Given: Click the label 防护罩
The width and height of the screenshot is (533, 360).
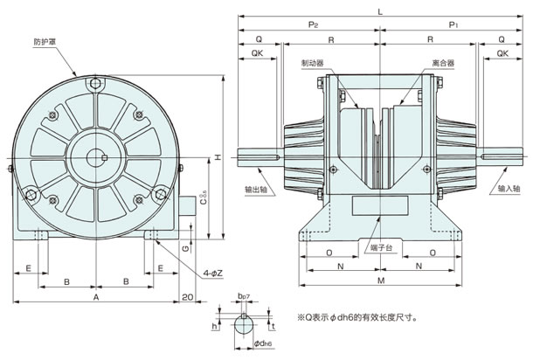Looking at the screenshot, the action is pyautogui.click(x=45, y=42).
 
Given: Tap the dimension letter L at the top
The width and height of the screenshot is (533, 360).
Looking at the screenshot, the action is pyautogui.click(x=380, y=12).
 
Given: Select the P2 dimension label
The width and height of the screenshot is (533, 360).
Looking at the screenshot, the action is pyautogui.click(x=313, y=24).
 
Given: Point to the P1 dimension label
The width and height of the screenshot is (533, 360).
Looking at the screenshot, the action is pyautogui.click(x=453, y=24).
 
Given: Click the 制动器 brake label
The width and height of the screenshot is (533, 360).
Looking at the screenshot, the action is pyautogui.click(x=313, y=63).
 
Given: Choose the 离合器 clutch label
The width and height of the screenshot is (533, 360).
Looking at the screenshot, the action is pyautogui.click(x=443, y=63).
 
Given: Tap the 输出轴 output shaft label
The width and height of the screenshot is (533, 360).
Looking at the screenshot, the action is pyautogui.click(x=256, y=190).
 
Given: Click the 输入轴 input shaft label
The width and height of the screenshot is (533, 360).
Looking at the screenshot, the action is pyautogui.click(x=509, y=189).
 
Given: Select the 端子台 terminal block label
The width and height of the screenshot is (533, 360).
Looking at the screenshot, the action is pyautogui.click(x=381, y=247).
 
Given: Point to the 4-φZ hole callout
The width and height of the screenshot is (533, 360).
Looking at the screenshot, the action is pyautogui.click(x=213, y=273).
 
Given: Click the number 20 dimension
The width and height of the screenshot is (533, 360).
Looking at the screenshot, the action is pyautogui.click(x=187, y=297).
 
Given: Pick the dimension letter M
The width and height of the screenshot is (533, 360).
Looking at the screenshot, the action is pyautogui.click(x=381, y=280).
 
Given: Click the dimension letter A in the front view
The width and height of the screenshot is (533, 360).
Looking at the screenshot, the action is pyautogui.click(x=96, y=297).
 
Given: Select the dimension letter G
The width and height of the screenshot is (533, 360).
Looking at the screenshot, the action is pyautogui.click(x=185, y=249).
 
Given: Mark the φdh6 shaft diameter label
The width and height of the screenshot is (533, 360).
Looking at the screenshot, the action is pyautogui.click(x=263, y=343).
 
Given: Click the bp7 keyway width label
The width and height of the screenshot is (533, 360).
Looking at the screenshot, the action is pyautogui.click(x=244, y=296).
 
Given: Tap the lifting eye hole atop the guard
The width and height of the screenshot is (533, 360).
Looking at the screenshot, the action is pyautogui.click(x=96, y=83).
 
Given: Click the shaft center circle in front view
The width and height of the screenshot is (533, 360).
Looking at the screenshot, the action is pyautogui.click(x=96, y=158).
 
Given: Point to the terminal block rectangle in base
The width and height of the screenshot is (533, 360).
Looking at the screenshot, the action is pyautogui.click(x=380, y=205).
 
